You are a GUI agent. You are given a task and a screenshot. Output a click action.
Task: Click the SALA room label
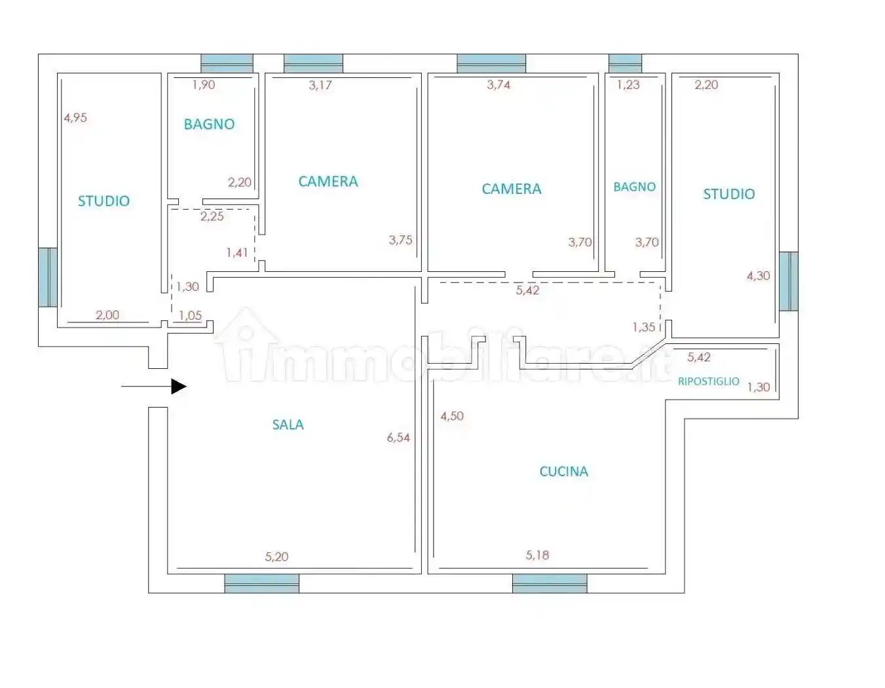pos(288,425)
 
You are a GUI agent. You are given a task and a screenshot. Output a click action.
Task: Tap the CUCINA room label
pos(563,471)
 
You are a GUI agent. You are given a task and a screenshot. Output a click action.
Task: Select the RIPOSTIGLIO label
pos(708,381)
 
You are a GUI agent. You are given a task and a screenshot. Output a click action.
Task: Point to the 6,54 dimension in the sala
pos(398,438)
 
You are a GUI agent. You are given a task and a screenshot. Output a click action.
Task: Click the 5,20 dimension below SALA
pos(276,556)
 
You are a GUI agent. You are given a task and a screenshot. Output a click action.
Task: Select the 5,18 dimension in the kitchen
pos(537,555)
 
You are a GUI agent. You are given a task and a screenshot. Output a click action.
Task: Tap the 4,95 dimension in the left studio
pos(75,118)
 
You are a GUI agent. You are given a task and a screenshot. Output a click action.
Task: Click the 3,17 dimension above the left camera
pos(320,85)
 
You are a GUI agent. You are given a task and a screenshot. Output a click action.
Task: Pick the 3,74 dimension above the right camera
pos(499,85)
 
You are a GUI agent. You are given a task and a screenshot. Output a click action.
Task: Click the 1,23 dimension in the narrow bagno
pos(628,85)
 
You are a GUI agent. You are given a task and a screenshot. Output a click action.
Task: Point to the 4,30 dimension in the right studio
pos(758,276)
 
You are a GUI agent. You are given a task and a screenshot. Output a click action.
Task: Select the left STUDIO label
pos(104,201)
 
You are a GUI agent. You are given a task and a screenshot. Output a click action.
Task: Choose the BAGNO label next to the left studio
pos(209,124)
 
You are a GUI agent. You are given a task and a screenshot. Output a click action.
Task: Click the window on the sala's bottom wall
pos(261,583)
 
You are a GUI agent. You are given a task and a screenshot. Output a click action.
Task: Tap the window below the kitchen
pos(549,583)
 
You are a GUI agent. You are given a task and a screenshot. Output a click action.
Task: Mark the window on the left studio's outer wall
pos(48,277)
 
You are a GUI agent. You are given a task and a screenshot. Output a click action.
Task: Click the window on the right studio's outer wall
pos(789,281)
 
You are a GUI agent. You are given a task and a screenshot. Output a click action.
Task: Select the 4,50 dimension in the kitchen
pos(452,416)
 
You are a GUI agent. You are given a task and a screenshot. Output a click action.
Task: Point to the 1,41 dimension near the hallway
pos(237,252)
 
